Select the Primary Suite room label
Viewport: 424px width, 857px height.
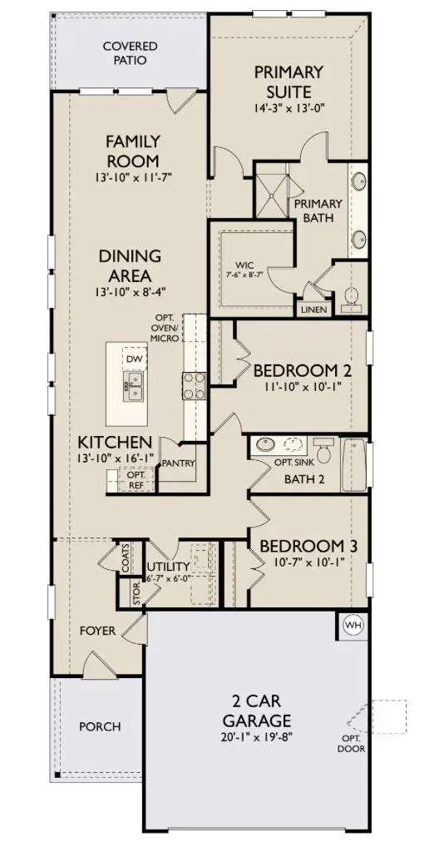pyautogui.click(x=288, y=82)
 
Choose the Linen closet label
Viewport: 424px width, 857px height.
pyautogui.click(x=316, y=310)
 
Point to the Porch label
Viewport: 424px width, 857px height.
pyautogui.click(x=99, y=726)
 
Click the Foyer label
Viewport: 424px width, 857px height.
pyautogui.click(x=97, y=631)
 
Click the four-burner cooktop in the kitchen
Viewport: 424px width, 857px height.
pyautogui.click(x=194, y=385)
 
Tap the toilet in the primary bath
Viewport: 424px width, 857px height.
pyautogui.click(x=351, y=295)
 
